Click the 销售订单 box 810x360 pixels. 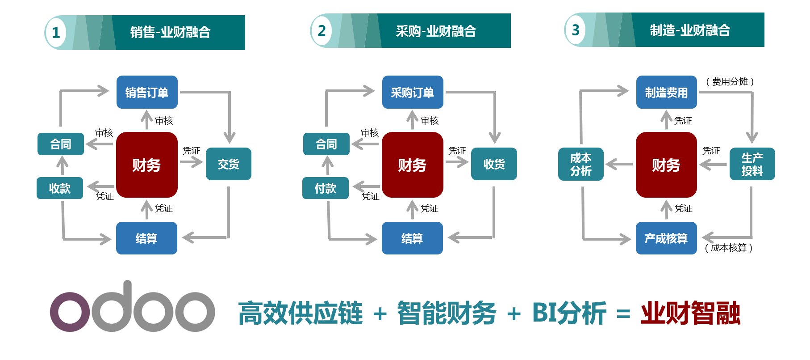[x=147, y=92]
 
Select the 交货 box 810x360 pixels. [x=228, y=164]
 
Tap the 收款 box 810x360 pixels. [x=60, y=188]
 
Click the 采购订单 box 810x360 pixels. [x=413, y=92]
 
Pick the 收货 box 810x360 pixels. [x=494, y=164]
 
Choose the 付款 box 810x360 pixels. [x=325, y=188]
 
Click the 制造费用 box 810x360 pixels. [x=666, y=92]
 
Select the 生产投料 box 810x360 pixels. [x=752, y=164]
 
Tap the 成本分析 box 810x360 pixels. [x=580, y=164]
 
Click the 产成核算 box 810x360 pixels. [x=666, y=238]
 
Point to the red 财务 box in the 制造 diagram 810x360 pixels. [x=666, y=165]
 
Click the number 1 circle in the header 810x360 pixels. [x=56, y=33]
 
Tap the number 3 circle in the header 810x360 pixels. [x=576, y=30]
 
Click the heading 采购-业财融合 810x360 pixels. [x=436, y=31]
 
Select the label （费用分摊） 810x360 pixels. [x=730, y=81]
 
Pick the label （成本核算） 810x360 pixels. [x=728, y=248]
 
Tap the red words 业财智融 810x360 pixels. [x=690, y=313]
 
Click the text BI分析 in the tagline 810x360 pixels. [x=569, y=313]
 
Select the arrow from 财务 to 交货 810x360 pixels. [x=191, y=162]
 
